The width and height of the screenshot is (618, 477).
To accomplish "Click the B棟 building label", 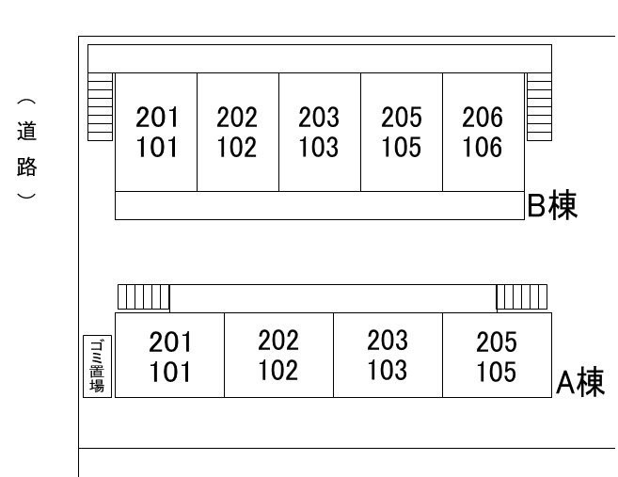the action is tap(552, 205).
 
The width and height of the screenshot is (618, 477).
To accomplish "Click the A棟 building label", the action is tap(580, 382).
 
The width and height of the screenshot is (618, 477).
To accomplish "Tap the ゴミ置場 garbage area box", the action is tap(97, 366).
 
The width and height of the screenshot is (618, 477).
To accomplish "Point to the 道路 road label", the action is tap(26, 149).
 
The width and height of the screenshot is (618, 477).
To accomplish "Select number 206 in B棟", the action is tap(483, 117).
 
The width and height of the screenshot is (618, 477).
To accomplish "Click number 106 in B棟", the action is tap(483, 147).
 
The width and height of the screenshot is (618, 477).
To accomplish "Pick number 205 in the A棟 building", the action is tap(497, 342).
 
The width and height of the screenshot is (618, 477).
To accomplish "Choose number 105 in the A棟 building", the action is tap(497, 372).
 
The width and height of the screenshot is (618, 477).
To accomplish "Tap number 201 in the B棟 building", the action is tap(157, 117).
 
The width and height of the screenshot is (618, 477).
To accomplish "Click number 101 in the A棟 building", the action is tap(170, 372).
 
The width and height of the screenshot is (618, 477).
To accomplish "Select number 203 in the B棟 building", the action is tap(319, 117).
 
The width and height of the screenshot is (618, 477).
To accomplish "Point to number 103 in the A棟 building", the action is tap(387, 370).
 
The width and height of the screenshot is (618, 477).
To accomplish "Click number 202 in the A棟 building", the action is tap(278, 341).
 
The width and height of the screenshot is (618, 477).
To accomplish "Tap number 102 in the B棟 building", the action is tap(237, 147).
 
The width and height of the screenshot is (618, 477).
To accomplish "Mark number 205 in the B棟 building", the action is tap(402, 117).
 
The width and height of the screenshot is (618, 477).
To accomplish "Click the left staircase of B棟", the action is tap(100, 107).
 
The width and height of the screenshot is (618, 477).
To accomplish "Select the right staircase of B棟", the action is tap(539, 107).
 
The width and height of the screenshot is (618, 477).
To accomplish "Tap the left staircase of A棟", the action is tap(144, 297).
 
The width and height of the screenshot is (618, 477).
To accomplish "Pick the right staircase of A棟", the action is tap(522, 297).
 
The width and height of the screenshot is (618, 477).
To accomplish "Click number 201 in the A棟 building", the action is tap(170, 342).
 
